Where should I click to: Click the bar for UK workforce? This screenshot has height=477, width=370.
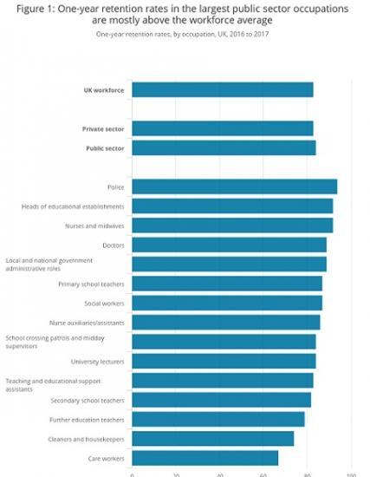point(223,89)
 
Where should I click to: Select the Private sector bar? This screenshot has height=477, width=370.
point(223,128)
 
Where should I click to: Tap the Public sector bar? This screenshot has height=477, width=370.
point(224,148)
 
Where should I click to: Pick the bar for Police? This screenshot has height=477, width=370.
point(235,186)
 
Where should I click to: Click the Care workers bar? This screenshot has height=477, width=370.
point(205,458)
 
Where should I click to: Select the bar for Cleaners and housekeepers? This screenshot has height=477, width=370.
point(213,439)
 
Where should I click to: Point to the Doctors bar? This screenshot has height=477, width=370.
point(230,245)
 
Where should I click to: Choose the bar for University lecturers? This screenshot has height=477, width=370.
point(224,361)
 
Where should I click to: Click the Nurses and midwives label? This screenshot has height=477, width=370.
point(95,225)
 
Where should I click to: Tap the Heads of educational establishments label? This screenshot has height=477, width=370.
point(73,206)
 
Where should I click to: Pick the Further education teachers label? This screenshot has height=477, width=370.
point(88,420)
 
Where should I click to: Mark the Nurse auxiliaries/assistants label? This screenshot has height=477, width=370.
point(87,323)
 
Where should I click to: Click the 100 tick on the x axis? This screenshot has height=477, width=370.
point(351,474)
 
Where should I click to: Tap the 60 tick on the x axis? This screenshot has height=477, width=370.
point(263,474)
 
